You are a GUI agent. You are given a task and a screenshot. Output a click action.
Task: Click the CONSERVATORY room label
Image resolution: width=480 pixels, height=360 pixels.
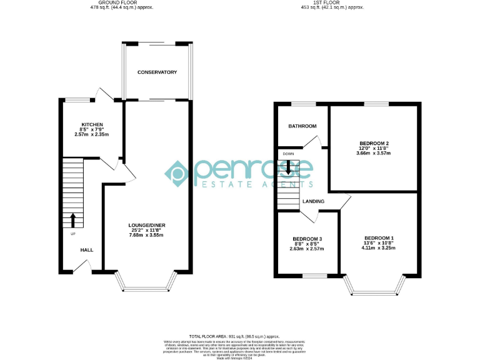click(157, 72)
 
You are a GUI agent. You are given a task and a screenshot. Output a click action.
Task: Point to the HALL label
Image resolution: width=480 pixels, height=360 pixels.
click(86, 250)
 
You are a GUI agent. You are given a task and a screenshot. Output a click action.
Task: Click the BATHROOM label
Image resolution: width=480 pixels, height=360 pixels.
click(302, 126)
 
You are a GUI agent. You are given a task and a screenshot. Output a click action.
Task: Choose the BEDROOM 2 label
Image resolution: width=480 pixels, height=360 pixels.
click(373, 143)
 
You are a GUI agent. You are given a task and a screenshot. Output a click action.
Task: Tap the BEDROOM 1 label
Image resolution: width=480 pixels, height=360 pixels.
click(379, 238)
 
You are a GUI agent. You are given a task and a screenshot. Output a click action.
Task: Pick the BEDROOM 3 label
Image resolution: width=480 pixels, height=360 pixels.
click(307, 239)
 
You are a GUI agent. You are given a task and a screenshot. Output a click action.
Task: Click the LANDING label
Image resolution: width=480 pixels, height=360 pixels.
click(313, 201)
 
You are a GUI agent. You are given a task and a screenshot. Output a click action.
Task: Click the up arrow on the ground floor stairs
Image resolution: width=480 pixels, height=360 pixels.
click(72, 220)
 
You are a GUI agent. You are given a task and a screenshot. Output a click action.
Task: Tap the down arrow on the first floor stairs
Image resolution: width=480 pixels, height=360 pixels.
click(288, 167)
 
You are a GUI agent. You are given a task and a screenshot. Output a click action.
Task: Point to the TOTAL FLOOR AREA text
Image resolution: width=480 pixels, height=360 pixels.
click(235, 336)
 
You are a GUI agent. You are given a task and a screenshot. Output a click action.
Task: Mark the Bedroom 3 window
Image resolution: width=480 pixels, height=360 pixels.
click(314, 276)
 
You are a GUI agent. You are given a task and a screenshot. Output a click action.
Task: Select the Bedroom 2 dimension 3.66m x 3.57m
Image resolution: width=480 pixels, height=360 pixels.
click(373, 153)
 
